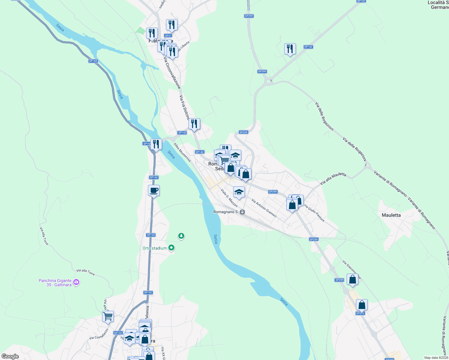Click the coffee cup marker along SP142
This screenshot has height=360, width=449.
click(x=154, y=190)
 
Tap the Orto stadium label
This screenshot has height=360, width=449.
click(x=155, y=248)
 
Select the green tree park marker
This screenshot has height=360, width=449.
click(x=181, y=236)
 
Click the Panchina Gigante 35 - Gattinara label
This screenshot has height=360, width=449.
click(x=55, y=283)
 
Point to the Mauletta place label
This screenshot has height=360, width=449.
click(x=391, y=215)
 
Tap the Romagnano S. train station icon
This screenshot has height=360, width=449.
click(x=243, y=212)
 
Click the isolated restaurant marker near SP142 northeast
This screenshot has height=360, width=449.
click(x=290, y=49)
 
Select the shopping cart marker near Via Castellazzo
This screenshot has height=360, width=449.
click(x=108, y=316)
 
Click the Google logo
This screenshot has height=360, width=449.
click(x=10, y=356)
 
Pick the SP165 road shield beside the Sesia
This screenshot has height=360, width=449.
click(x=93, y=61)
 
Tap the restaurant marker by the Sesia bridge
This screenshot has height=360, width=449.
click(x=156, y=144)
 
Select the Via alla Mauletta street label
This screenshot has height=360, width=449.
click(x=333, y=178)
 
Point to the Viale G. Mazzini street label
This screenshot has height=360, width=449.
click(x=229, y=198)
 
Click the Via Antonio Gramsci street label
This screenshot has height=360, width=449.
click(x=264, y=208)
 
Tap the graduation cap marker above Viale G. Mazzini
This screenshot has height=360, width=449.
click(x=239, y=192)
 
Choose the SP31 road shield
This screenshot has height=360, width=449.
click(x=168, y=36)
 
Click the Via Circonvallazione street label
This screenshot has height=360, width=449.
click(x=172, y=72)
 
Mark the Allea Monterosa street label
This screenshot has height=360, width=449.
click(x=182, y=152)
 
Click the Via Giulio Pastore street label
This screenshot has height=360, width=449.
click(x=314, y=213)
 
